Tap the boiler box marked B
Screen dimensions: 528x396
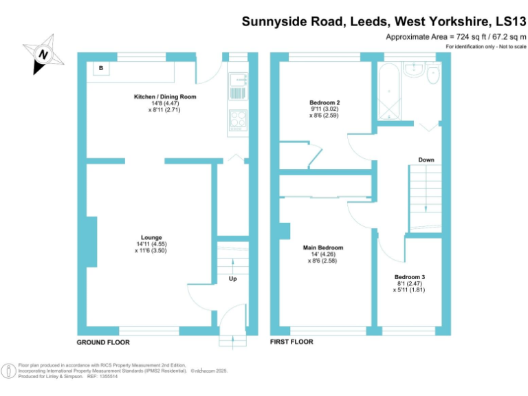101,68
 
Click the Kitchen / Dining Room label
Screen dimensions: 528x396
165,97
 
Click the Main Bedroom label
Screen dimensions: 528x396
323,247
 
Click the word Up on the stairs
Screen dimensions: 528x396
233,279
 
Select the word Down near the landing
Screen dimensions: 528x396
426,160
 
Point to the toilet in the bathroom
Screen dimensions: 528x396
434,74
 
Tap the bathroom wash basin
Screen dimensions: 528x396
414,69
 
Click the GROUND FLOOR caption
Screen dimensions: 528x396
103,342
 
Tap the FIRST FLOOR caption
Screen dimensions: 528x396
291,342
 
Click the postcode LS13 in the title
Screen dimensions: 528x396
505,21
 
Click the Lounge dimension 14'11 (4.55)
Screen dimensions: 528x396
151,243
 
